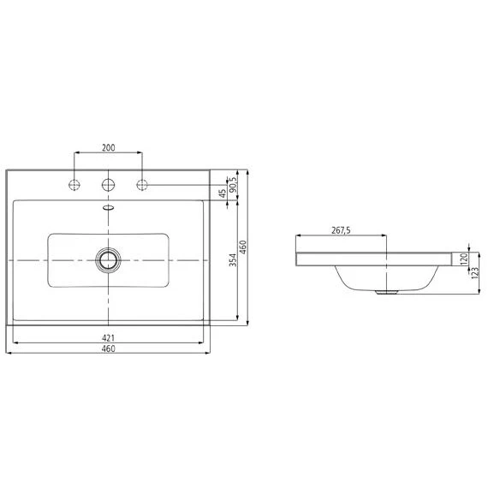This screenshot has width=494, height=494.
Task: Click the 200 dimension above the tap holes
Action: click(109, 148)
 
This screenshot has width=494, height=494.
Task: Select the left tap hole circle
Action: click(75, 184)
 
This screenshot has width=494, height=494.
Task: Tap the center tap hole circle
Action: click(109, 184)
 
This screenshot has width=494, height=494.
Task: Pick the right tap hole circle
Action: click(142, 184)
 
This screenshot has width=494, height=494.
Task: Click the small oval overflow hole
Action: click(109, 206)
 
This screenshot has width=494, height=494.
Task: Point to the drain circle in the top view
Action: click(109, 259)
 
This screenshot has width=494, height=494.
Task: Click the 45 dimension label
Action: click(223, 193)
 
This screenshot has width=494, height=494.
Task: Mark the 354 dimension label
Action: click(233, 260)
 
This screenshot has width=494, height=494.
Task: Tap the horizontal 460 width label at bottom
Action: click(109, 349)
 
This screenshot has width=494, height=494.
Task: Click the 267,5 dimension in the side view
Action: click(342, 229)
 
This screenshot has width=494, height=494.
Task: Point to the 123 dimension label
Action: click(475, 272)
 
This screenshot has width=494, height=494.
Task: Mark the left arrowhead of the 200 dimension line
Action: click(77, 154)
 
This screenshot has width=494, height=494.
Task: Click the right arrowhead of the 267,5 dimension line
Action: click(387, 235)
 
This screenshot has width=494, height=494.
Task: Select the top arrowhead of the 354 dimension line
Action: click(237, 203)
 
